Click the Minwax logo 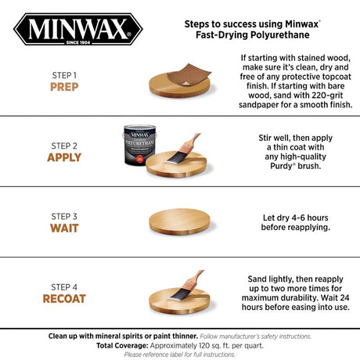click(76, 31)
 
